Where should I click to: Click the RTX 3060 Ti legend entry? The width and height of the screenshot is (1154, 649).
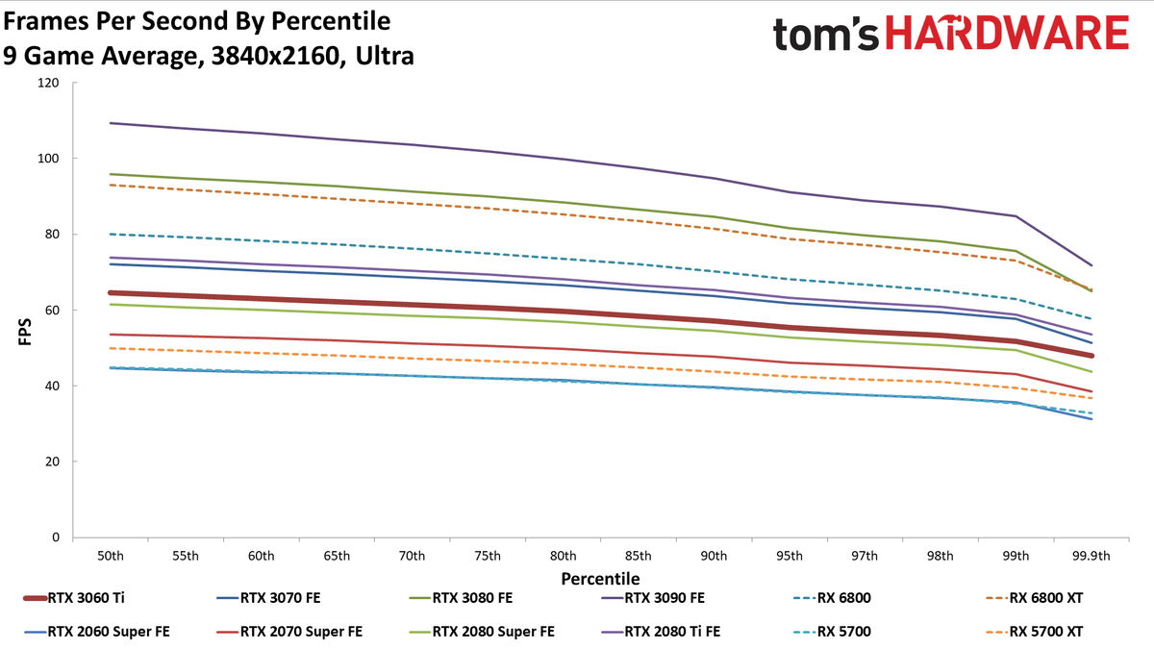(x=74, y=598)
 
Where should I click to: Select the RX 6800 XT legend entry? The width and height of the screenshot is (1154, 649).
(x=1034, y=598)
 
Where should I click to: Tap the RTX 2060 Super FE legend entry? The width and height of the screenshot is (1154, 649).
(x=96, y=632)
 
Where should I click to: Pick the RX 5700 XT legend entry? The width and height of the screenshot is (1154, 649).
(x=1034, y=632)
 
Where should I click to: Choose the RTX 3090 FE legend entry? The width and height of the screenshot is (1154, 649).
(x=652, y=598)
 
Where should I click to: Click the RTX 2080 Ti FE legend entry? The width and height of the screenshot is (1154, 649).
(x=661, y=632)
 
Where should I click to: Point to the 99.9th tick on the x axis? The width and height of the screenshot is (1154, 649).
(x=1091, y=556)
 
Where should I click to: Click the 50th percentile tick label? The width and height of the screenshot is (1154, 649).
(x=111, y=556)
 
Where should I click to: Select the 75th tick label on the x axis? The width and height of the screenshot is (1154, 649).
(x=488, y=556)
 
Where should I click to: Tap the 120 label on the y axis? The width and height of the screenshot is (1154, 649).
(x=48, y=83)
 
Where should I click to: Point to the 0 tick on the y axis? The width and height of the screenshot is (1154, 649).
(x=56, y=537)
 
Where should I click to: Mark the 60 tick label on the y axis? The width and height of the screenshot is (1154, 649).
(x=52, y=310)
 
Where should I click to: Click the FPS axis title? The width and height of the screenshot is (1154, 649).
(x=25, y=333)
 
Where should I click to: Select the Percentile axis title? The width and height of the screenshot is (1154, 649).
(x=600, y=579)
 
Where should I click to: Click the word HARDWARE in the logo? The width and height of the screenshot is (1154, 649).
(x=1007, y=33)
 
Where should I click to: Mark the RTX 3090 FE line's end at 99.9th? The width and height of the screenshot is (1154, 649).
(x=1091, y=265)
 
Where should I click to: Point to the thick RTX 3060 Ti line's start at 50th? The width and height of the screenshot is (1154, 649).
(x=111, y=292)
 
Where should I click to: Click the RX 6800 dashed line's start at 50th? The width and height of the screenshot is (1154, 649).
(x=111, y=235)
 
